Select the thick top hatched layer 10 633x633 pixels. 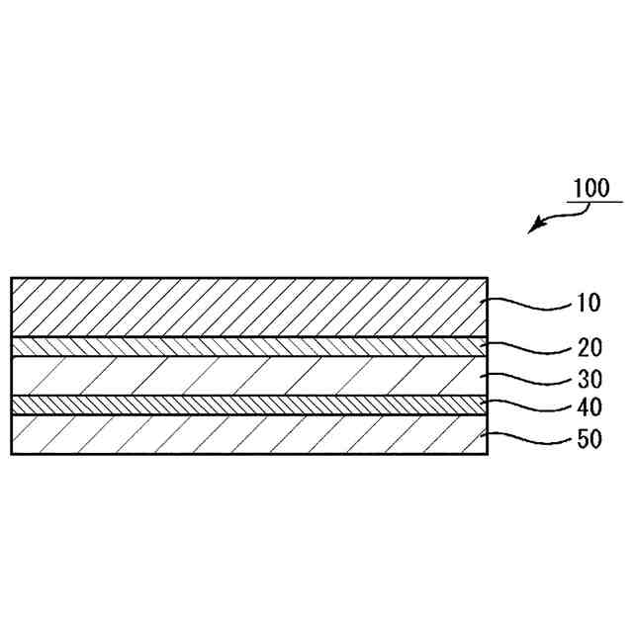pos(247,307)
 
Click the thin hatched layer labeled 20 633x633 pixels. pos(247,345)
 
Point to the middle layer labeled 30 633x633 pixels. pos(247,376)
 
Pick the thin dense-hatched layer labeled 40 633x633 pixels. pos(247,406)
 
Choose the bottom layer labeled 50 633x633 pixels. pos(247,434)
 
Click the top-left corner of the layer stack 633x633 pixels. pos(12,278)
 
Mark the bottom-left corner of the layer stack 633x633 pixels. pos(12,453)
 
